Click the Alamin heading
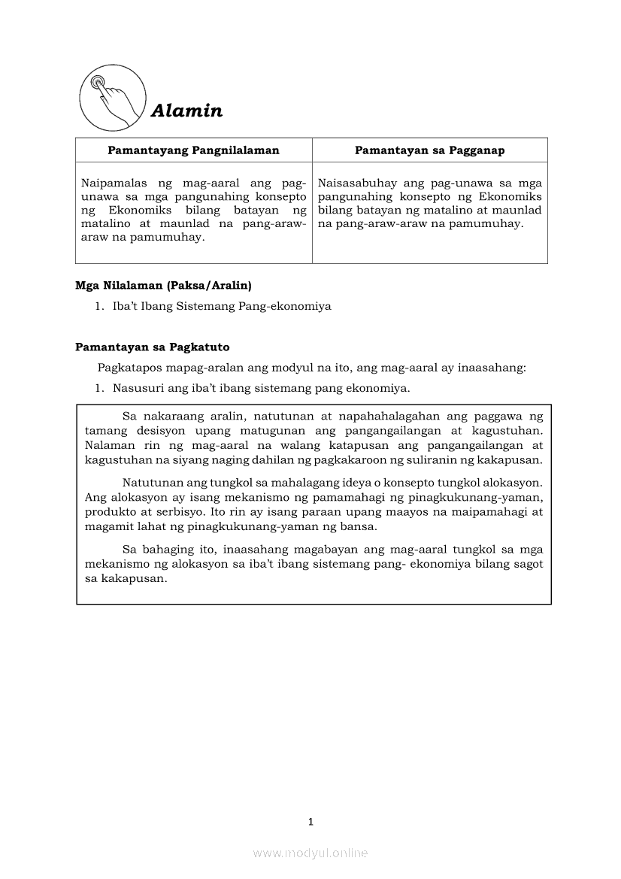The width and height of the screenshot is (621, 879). coord(186,111)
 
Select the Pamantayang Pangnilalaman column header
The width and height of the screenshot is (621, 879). coord(193,150)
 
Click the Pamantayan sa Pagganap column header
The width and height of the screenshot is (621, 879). coord(429,150)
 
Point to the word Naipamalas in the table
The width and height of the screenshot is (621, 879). coord(112,183)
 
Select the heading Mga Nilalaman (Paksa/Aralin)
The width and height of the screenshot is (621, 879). coord(163,286)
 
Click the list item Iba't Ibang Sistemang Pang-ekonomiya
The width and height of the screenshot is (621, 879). coord(222,307)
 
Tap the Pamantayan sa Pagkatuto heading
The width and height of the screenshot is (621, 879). coord(152,347)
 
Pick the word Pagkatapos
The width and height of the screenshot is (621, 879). coord(126,368)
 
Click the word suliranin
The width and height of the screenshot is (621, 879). coord(425,459)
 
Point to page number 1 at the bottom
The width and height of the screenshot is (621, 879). coord(310,822)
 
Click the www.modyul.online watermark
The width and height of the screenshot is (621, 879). coord(310,853)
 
